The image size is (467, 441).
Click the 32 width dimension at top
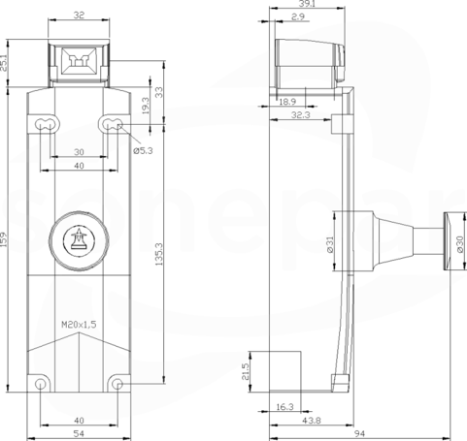(x=79, y=16)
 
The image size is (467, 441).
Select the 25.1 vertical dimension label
(x=4, y=63)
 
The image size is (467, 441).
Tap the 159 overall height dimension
(x=4, y=239)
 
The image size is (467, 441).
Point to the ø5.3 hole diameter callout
(x=143, y=150)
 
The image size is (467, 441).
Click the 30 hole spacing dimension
(x=79, y=152)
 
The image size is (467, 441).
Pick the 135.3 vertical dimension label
(x=159, y=254)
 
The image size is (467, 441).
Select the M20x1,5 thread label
(x=79, y=325)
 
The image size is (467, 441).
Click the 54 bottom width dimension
(x=79, y=433)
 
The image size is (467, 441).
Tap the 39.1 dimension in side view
(x=307, y=4)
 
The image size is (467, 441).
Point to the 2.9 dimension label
(x=298, y=16)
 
